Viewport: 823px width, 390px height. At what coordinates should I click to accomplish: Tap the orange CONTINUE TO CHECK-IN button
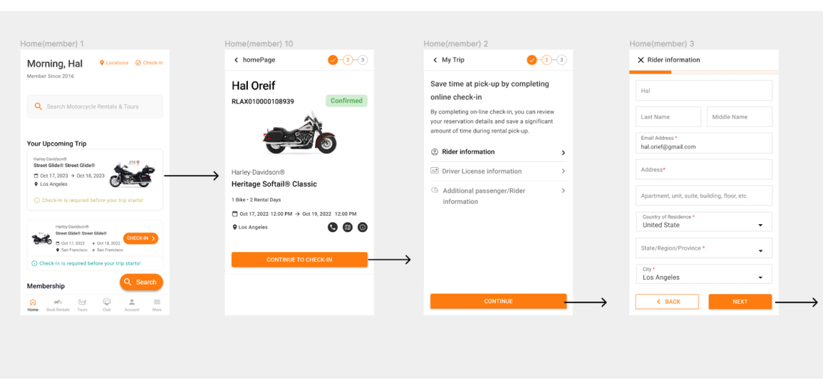pyautogui.click(x=299, y=259)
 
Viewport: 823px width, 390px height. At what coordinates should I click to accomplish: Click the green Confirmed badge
pyautogui.click(x=347, y=101)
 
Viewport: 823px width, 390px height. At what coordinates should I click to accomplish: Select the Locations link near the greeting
pyautogui.click(x=114, y=63)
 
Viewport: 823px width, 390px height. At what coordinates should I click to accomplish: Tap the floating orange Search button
pyautogui.click(x=141, y=282)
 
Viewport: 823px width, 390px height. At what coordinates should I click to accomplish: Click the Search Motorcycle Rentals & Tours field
pyautogui.click(x=95, y=107)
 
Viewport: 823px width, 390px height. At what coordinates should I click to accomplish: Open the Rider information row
pyautogui.click(x=498, y=152)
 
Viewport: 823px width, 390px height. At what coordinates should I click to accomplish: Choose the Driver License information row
pyautogui.click(x=498, y=172)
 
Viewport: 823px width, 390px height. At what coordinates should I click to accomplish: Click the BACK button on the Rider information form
pyautogui.click(x=667, y=302)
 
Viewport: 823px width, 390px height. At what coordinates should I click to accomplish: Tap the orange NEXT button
pyautogui.click(x=740, y=302)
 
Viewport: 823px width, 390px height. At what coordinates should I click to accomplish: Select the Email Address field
pyautogui.click(x=704, y=143)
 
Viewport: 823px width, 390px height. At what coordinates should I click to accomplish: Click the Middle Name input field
pyautogui.click(x=739, y=117)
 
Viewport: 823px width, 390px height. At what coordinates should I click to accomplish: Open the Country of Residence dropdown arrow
pyautogui.click(x=761, y=226)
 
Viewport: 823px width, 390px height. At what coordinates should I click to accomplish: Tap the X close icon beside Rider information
pyautogui.click(x=641, y=60)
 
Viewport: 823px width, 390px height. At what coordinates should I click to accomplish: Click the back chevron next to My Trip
pyautogui.click(x=435, y=60)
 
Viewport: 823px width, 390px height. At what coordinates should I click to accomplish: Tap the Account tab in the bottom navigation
pyautogui.click(x=132, y=304)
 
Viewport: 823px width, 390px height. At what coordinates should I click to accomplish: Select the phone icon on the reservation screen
pyautogui.click(x=333, y=227)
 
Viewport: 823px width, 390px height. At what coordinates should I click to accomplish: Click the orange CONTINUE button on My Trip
pyautogui.click(x=498, y=301)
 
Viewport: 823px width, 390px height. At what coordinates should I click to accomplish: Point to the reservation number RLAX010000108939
pyautogui.click(x=263, y=101)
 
